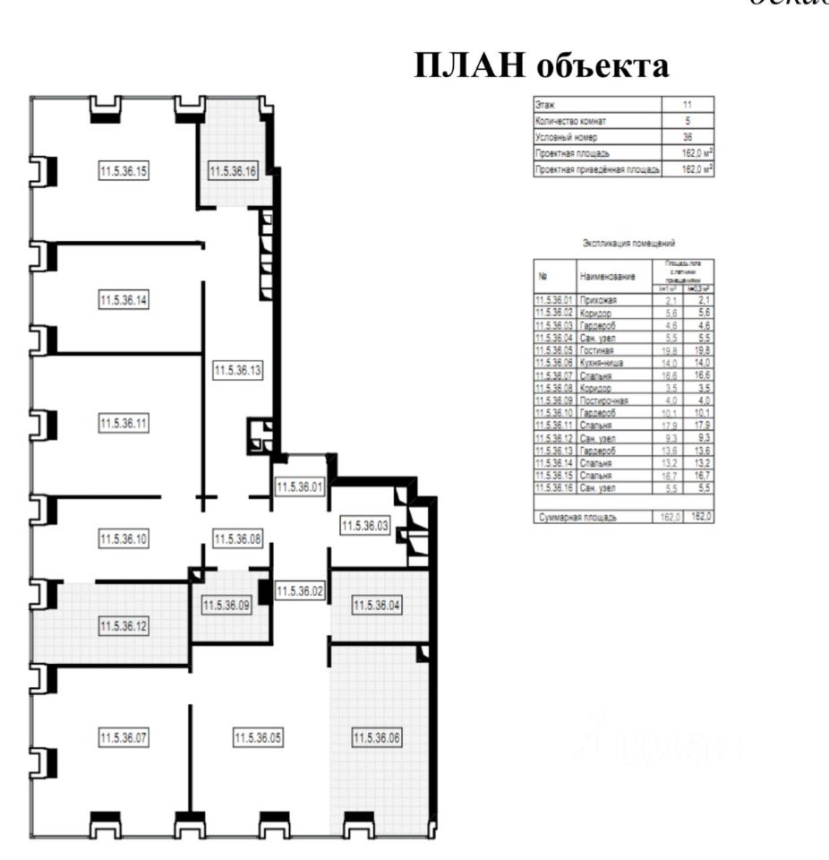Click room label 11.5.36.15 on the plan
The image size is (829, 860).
[x=124, y=171]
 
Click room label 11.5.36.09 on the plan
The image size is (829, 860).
[x=226, y=605]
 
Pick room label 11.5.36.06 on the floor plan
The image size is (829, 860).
[x=377, y=738]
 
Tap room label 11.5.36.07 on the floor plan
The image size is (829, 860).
[x=124, y=738]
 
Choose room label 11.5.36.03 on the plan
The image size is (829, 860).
[x=364, y=526]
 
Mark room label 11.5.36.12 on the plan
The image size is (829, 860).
[x=124, y=624]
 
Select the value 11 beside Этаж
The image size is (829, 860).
[x=687, y=105]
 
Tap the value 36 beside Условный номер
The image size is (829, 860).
[x=687, y=137]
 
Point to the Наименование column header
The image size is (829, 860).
[x=612, y=278]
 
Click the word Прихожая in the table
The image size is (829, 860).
[x=600, y=300]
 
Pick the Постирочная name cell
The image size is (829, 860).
[x=604, y=400]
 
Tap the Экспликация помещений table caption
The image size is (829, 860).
[x=628, y=243]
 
